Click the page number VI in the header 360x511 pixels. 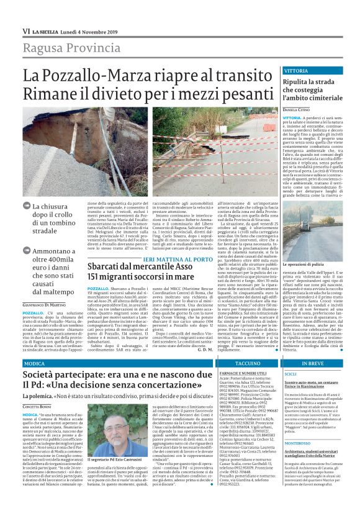26,30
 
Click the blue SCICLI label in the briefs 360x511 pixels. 290,374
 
